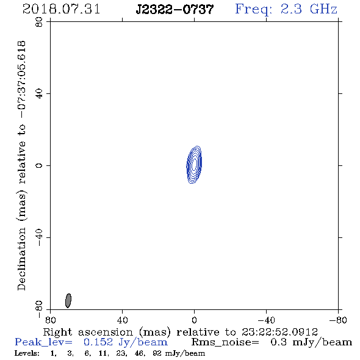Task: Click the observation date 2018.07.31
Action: [61, 9]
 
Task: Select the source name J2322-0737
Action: [175, 9]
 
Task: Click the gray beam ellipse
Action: [68, 301]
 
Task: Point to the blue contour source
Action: [194, 165]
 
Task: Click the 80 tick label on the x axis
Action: [50, 320]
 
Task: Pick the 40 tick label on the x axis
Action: [122, 320]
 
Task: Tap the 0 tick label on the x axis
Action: [194, 320]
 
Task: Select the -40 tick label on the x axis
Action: [266, 320]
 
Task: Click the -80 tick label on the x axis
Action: [338, 320]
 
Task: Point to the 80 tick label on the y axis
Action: [39, 22]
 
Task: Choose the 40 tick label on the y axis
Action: [39, 94]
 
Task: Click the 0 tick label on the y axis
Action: [39, 165]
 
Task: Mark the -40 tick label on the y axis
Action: [39, 237]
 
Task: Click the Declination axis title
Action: [21, 165]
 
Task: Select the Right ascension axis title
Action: [181, 332]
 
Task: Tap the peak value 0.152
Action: [98, 342]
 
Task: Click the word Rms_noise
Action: [225, 342]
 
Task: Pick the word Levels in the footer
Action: [27, 353]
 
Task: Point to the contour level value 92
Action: [157, 353]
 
